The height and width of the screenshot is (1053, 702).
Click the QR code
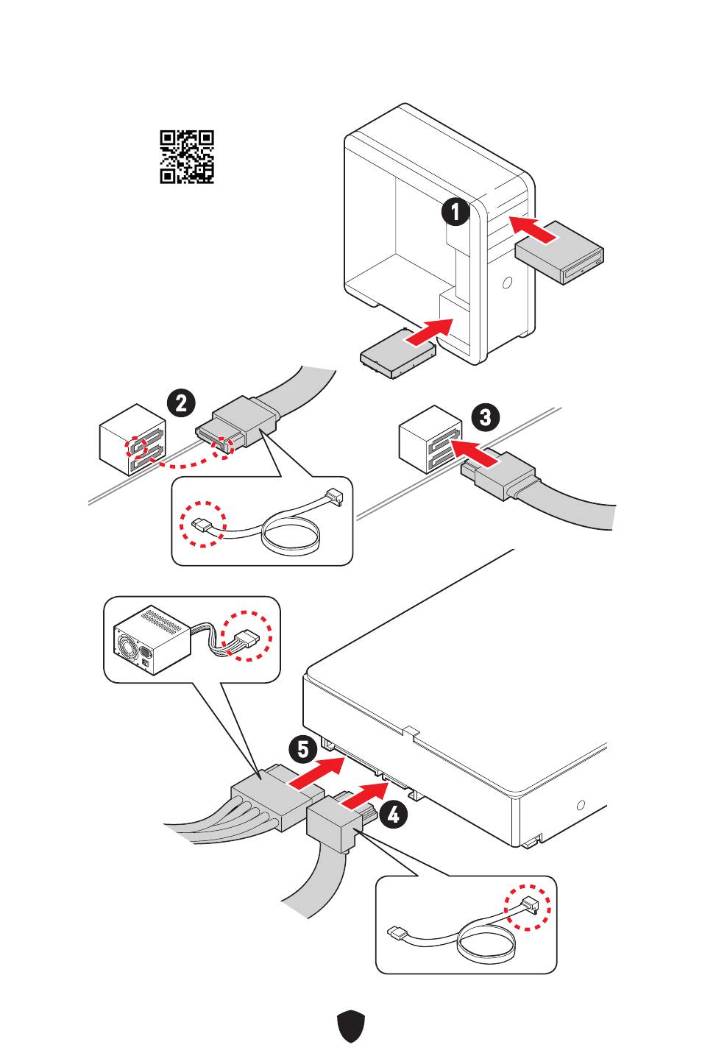187,157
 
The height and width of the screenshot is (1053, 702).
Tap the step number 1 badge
455,212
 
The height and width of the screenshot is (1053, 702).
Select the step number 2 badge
181,403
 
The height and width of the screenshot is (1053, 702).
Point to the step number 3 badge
485,417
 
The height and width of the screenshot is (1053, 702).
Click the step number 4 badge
394,814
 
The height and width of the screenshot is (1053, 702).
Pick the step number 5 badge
302,750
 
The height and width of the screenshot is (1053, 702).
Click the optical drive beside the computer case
560,252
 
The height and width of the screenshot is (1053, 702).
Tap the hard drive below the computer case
397,353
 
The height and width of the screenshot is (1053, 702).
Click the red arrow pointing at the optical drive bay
533,229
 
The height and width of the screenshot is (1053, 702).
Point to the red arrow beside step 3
475,453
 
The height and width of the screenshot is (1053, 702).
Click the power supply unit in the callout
152,639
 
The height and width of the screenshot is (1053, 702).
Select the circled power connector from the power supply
247,636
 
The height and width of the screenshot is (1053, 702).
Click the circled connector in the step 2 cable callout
202,524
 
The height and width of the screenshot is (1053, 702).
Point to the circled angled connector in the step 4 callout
528,907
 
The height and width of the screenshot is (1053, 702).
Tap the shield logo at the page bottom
351,1026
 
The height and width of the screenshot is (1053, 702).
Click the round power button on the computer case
508,282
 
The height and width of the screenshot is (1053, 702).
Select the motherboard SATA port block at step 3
430,439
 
